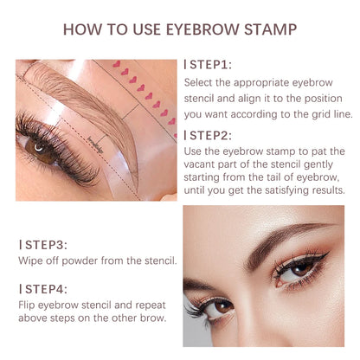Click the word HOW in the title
click(x=80, y=29)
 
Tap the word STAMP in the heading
click(x=268, y=29)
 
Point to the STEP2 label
click(x=209, y=134)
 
